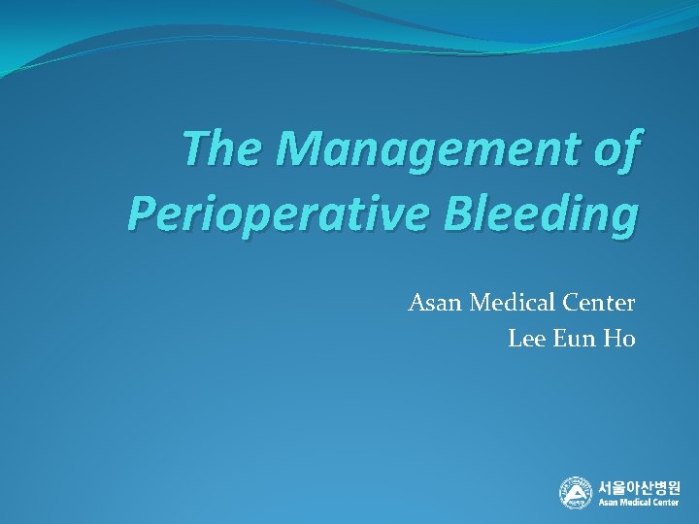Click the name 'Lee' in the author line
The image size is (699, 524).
pos(524,339)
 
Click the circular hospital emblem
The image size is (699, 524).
pos(575,492)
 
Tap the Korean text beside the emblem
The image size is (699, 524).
pos(639,486)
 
